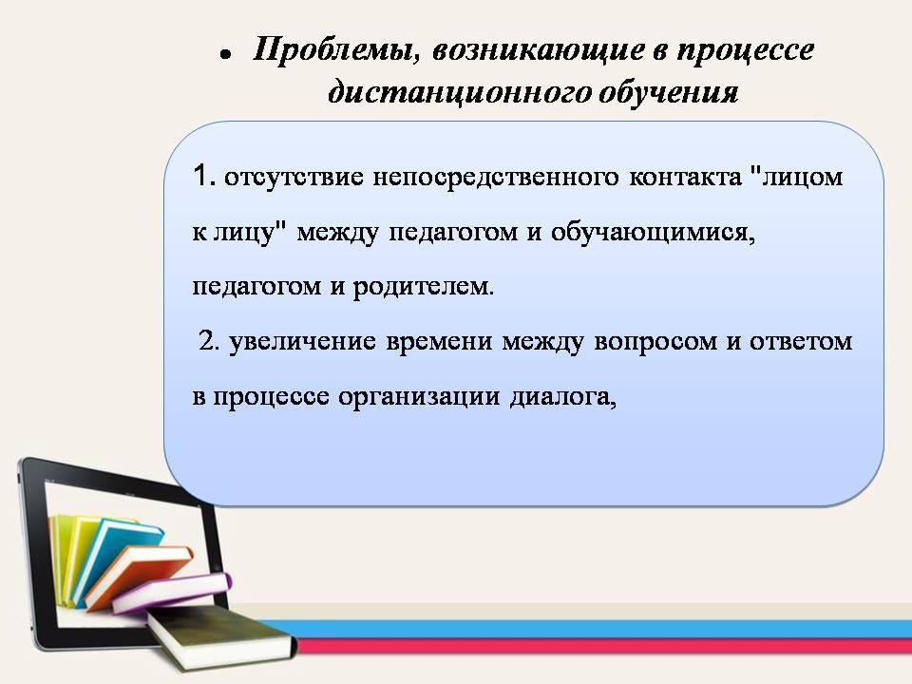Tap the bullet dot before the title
pyautogui.click(x=225, y=55)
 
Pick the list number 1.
pyautogui.click(x=203, y=176)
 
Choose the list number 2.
pyautogui.click(x=209, y=341)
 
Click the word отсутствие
pyautogui.click(x=294, y=178)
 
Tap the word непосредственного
pyautogui.click(x=496, y=178)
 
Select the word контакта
pyautogui.click(x=685, y=178)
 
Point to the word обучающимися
pyautogui.click(x=653, y=233)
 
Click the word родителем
pyautogui.click(x=424, y=287)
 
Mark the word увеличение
pyautogui.click(x=302, y=342)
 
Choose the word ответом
pyautogui.click(x=801, y=342)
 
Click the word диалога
pyautogui.click(x=563, y=397)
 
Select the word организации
pyautogui.click(x=419, y=398)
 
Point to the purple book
pyautogui.click(x=172, y=592)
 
